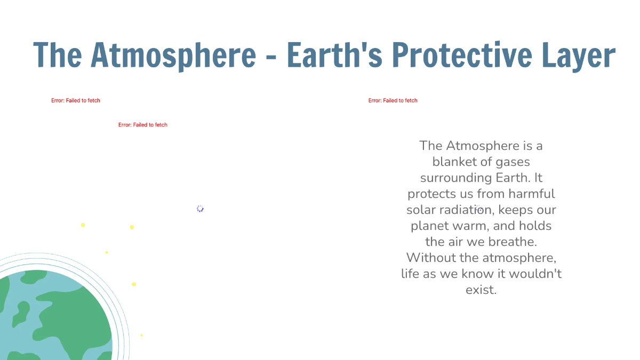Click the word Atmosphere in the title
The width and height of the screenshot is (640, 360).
173,55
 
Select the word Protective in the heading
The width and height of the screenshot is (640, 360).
456,55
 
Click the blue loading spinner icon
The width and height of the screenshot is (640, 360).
200,209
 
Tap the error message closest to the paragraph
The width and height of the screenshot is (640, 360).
393,100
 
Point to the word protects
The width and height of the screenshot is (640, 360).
432,194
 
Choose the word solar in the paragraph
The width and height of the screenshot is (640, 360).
421,210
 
